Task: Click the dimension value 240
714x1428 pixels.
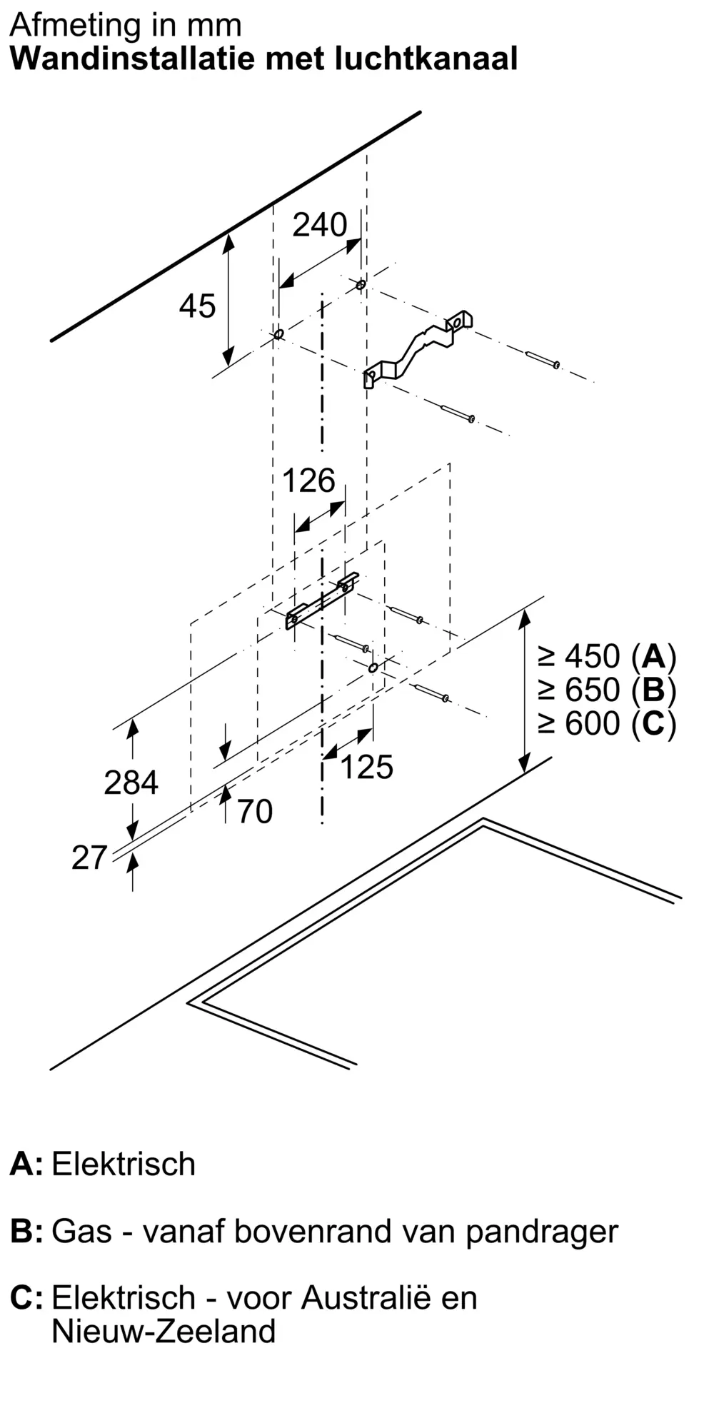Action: click(320, 225)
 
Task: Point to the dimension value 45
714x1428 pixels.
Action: click(197, 306)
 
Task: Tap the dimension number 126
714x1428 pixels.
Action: click(308, 481)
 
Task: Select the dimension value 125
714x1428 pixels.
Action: click(367, 767)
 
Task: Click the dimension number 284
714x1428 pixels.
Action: click(131, 783)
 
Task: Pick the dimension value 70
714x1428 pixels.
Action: click(255, 812)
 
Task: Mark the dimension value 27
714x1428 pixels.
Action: click(89, 858)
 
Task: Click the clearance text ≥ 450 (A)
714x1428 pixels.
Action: click(607, 656)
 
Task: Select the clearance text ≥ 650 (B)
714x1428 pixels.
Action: click(607, 690)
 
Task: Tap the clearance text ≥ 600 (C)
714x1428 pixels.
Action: click(607, 723)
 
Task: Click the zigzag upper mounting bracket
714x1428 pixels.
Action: click(418, 348)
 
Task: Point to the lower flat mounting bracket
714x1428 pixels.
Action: click(322, 600)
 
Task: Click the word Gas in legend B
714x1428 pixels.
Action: click(81, 1231)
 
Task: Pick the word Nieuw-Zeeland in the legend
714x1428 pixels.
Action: click(164, 1332)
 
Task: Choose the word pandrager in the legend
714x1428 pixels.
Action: click(542, 1231)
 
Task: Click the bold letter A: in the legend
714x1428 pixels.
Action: click(26, 1164)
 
